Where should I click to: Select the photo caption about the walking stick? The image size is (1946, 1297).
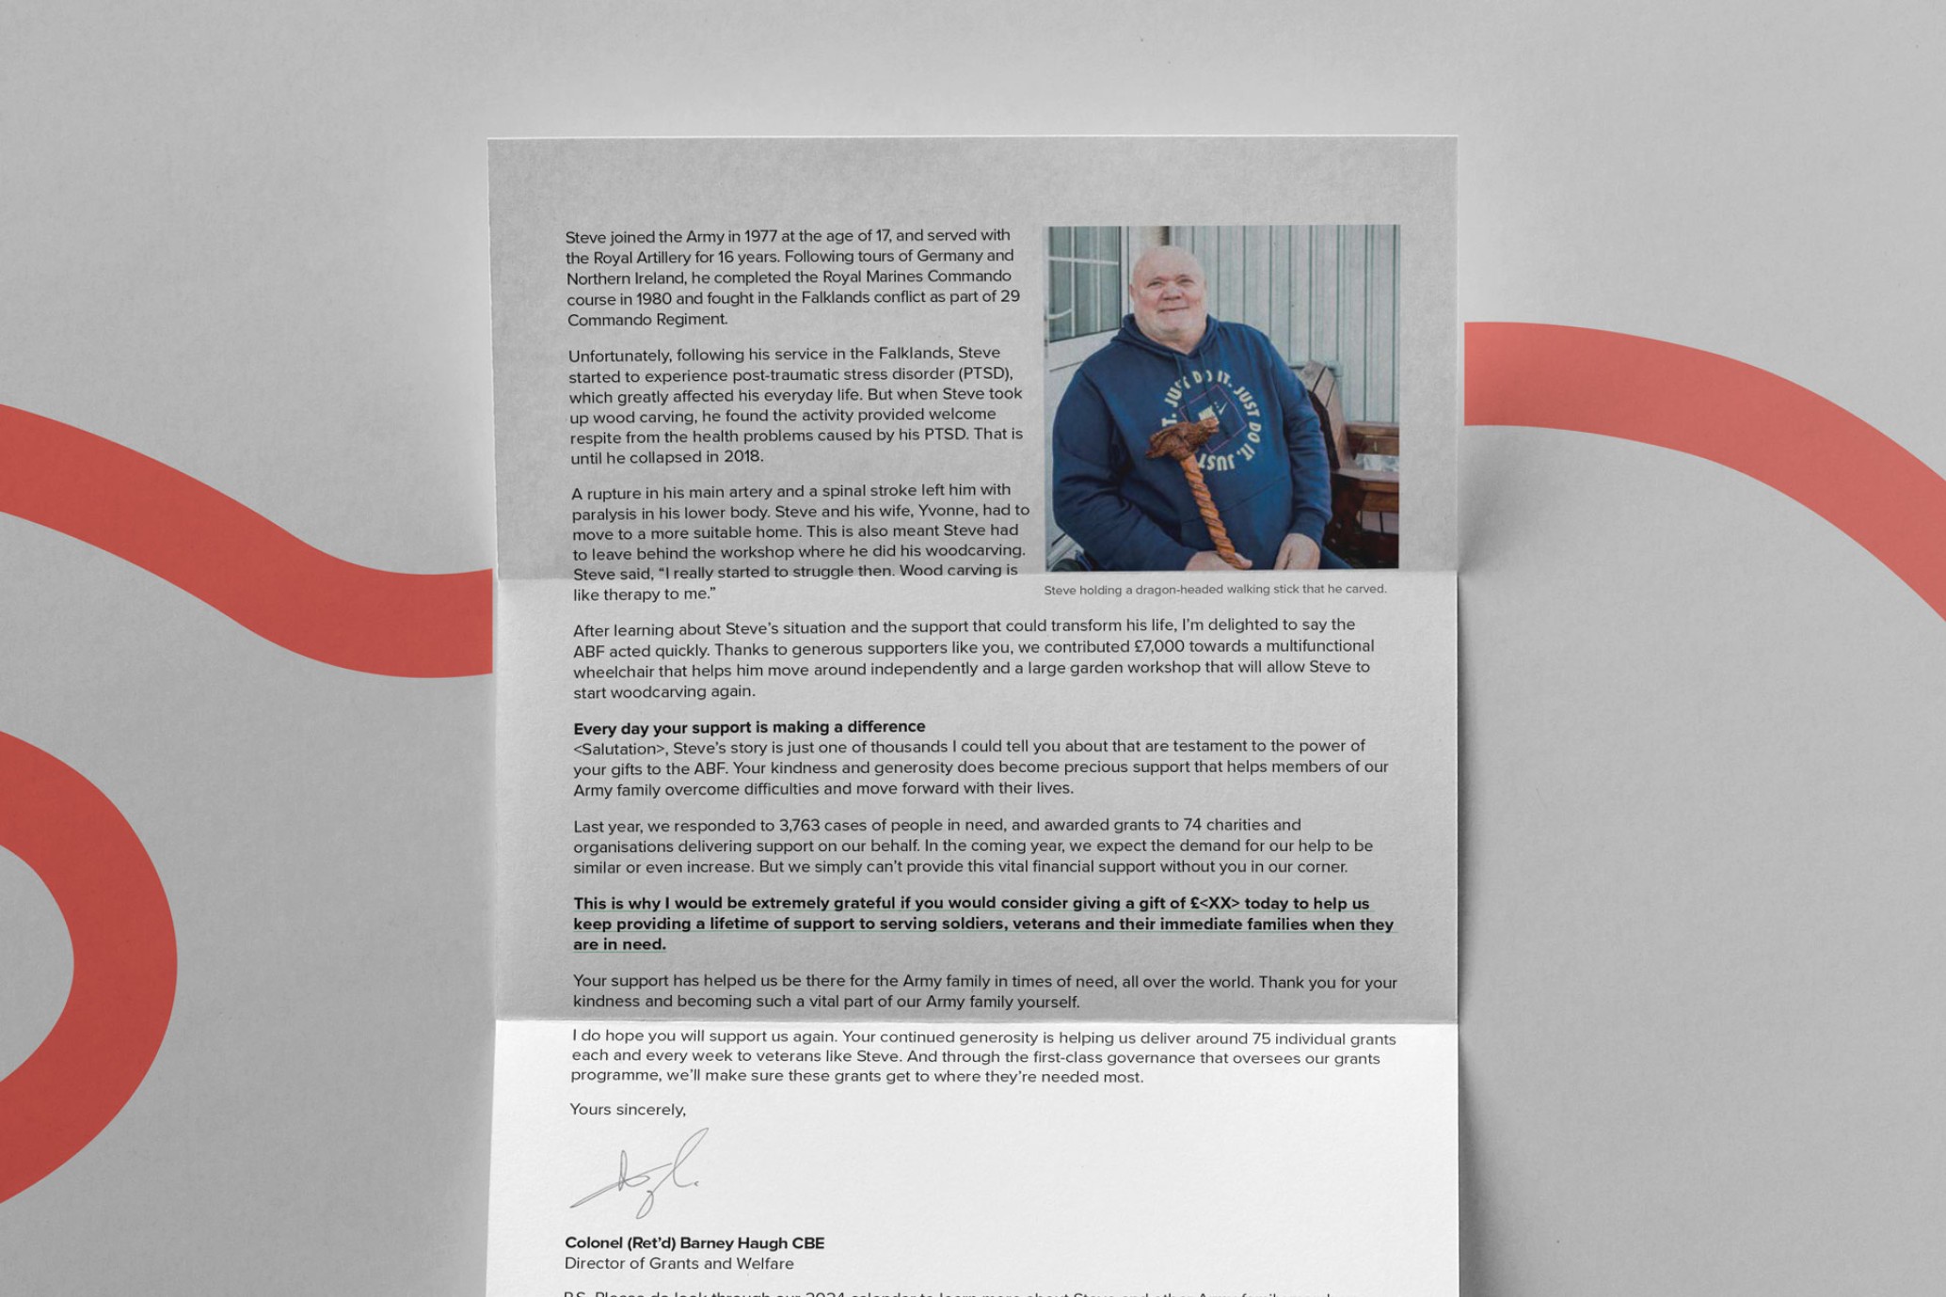click(x=1214, y=590)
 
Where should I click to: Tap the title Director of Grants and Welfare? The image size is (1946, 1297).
click(x=678, y=1263)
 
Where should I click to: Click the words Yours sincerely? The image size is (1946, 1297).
click(x=628, y=1110)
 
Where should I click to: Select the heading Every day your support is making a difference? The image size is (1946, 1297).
click(x=749, y=727)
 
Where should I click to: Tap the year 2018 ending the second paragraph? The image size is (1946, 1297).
click(x=742, y=457)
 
